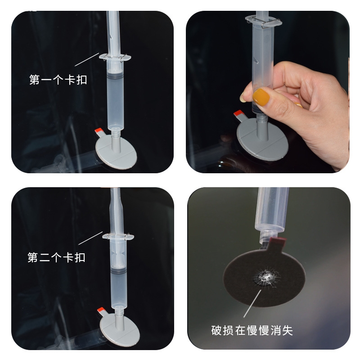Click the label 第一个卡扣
(x=58, y=80)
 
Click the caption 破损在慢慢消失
(x=252, y=330)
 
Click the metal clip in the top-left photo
(x=115, y=57)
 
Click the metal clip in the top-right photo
(x=264, y=22)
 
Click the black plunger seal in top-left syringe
(x=115, y=77)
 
